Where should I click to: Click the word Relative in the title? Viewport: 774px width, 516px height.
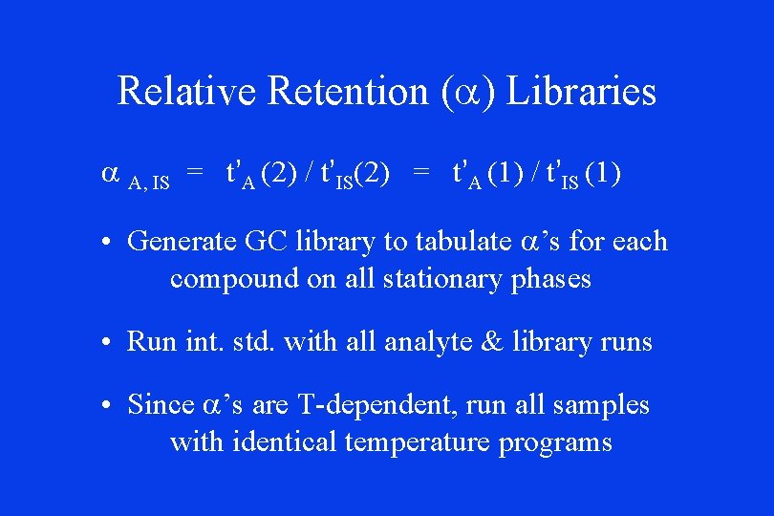click(187, 92)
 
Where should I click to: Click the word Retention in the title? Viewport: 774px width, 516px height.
click(348, 92)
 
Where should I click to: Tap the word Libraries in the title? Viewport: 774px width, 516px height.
click(581, 92)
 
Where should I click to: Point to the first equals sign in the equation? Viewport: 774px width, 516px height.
click(195, 173)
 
